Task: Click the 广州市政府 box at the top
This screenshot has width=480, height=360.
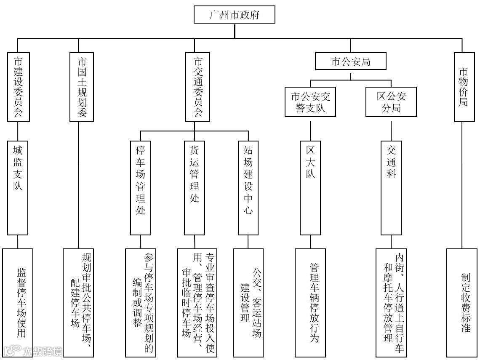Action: click(235, 15)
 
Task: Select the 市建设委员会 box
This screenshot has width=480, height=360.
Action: click(18, 87)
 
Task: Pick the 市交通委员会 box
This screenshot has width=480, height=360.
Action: click(195, 87)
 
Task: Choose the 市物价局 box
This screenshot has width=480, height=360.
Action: click(463, 87)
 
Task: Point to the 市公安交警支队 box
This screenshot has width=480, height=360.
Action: click(311, 102)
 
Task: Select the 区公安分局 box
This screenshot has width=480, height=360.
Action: click(391, 102)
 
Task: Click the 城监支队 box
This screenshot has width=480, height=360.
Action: click(18, 188)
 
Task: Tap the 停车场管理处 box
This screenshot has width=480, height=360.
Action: click(140, 188)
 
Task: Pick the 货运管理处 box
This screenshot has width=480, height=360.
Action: click(195, 188)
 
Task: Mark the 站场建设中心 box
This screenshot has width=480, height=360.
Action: click(248, 188)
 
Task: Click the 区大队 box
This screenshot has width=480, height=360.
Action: click(310, 188)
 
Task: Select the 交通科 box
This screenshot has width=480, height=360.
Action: click(391, 188)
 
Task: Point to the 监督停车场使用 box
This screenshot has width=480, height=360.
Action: click(18, 303)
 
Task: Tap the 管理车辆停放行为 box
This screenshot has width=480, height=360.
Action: click(310, 303)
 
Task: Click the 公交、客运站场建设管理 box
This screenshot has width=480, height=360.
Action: click(248, 303)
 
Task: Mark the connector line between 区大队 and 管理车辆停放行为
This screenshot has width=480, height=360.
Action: click(310, 242)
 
